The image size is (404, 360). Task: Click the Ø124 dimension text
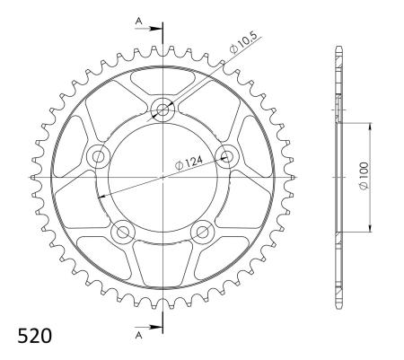coord(189,162)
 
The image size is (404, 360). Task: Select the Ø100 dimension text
coord(364,176)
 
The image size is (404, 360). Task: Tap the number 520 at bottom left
coord(35,336)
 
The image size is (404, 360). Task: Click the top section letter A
coord(138,21)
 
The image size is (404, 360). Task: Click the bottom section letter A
coord(138,336)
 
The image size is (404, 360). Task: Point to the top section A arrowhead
coord(156,29)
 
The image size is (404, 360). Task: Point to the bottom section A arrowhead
coord(156,327)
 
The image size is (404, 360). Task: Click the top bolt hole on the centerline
coord(162,110)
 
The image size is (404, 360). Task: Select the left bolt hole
coord(98,156)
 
